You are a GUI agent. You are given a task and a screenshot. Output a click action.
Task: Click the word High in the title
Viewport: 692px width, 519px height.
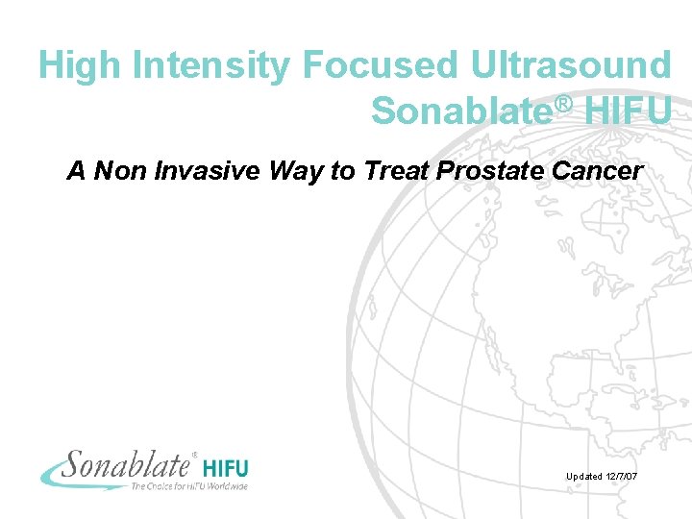[x=81, y=65]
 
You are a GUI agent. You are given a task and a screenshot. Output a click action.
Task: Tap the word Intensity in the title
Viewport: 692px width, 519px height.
[x=212, y=65]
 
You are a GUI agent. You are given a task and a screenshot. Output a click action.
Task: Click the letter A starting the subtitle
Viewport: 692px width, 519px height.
[x=76, y=171]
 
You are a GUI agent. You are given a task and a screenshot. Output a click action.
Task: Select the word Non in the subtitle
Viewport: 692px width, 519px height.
[x=115, y=171]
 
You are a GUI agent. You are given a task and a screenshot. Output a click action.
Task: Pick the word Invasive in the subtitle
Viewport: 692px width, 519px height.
[x=189, y=171]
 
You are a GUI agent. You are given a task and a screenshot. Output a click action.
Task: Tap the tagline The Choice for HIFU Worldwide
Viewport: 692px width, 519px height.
[x=188, y=486]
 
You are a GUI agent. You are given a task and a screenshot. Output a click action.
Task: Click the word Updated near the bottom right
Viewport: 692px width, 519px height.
[x=584, y=477]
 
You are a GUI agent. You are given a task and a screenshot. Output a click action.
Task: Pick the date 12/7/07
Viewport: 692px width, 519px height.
[x=629, y=477]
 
